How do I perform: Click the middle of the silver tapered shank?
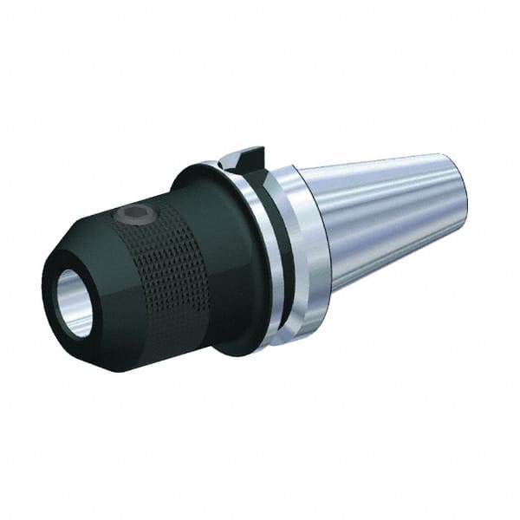pyautogui.click(x=390, y=221)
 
